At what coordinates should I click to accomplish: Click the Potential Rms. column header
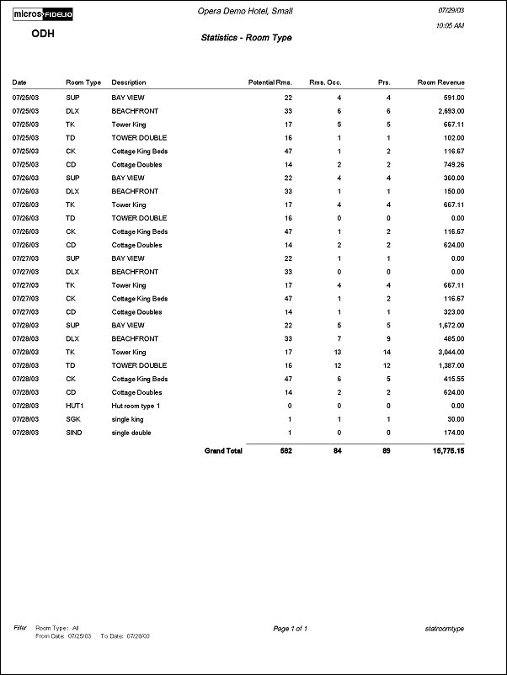[x=270, y=82]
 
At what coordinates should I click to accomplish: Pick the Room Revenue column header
[x=441, y=82]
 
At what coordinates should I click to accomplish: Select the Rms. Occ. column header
[x=324, y=82]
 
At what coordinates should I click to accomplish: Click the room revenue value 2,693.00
[x=448, y=111]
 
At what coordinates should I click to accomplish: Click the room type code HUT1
[x=74, y=406]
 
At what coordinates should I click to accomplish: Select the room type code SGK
[x=73, y=419]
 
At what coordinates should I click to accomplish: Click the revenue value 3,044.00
[x=448, y=352]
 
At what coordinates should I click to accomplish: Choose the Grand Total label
[x=223, y=451]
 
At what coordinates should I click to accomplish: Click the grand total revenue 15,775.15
[x=445, y=451]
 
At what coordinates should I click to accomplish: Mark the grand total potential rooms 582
[x=285, y=451]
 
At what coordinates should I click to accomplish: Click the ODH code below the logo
[x=43, y=34]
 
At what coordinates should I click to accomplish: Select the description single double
[x=134, y=433]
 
